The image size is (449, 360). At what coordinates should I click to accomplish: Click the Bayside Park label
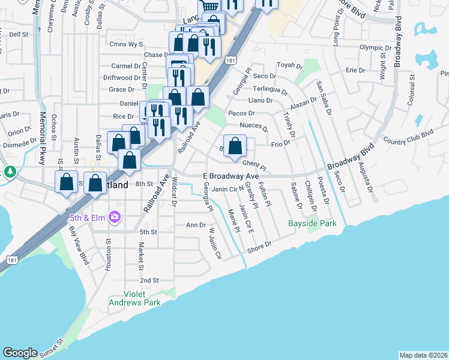312,223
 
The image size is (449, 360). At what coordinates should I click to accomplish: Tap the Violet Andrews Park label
134,298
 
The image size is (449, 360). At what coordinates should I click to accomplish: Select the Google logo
20,353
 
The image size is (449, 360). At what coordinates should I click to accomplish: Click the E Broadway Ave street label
231,176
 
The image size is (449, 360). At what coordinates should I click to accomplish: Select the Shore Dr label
259,247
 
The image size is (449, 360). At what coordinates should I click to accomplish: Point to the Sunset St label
52,347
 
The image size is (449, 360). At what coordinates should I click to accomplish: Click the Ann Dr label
196,225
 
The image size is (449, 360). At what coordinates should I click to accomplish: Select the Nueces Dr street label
253,125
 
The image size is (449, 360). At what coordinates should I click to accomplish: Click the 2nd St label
149,280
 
